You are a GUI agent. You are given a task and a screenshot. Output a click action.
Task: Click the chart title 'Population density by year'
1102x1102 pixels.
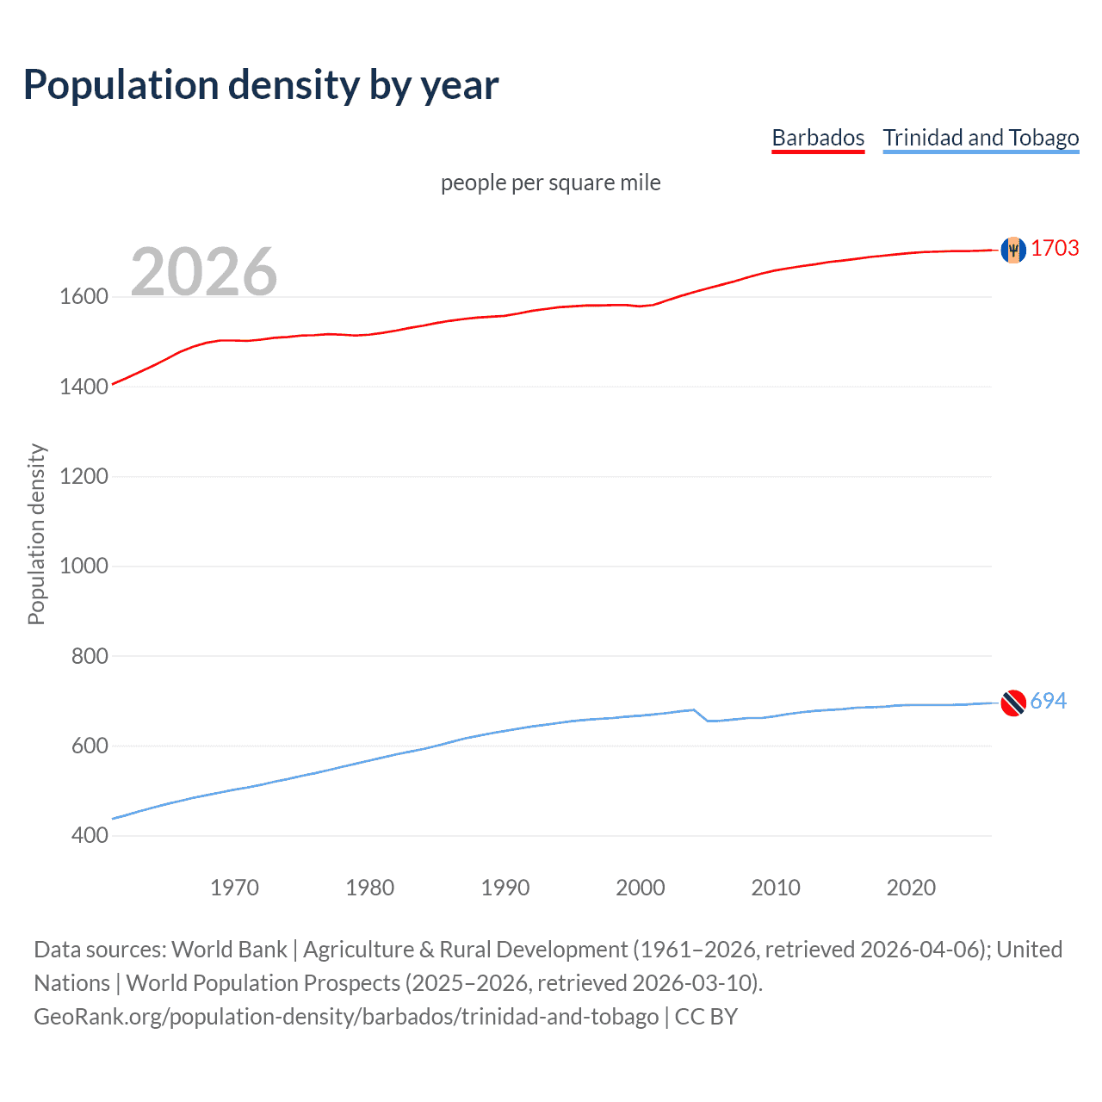tap(261, 85)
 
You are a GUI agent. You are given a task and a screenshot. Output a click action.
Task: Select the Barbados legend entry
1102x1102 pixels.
tap(818, 138)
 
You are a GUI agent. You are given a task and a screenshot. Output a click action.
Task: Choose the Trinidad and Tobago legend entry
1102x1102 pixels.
tap(981, 138)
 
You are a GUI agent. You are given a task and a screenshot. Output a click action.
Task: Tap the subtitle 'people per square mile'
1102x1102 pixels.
tap(550, 183)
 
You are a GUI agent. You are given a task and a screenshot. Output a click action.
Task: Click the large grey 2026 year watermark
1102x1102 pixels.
tap(204, 272)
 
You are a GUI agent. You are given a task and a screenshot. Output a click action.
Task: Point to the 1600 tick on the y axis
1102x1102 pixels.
tap(84, 297)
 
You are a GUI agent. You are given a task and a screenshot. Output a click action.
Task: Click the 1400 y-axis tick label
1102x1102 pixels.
tap(84, 387)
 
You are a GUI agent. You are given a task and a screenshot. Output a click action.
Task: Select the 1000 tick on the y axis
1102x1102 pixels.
tap(84, 566)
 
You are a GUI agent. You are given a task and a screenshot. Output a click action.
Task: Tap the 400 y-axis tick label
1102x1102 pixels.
tap(90, 835)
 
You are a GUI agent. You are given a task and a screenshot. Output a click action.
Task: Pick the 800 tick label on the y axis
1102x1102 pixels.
tap(90, 656)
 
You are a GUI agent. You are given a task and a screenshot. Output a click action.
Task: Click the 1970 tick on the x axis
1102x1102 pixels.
tap(234, 888)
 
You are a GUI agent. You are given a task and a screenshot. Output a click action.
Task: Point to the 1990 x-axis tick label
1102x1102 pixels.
tap(505, 888)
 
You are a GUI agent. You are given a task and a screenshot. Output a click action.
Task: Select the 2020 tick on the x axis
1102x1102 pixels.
tap(911, 888)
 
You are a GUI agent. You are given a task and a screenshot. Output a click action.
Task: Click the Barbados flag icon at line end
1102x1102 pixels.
tap(1013, 250)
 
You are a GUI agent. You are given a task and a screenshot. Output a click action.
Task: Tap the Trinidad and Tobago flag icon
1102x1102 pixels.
tap(1013, 703)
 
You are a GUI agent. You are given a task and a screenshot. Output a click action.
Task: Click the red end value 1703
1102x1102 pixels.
tap(1055, 248)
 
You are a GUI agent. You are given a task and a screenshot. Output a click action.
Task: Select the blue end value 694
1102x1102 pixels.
tap(1048, 701)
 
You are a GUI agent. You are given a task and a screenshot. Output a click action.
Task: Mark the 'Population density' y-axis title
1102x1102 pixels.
tap(36, 534)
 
